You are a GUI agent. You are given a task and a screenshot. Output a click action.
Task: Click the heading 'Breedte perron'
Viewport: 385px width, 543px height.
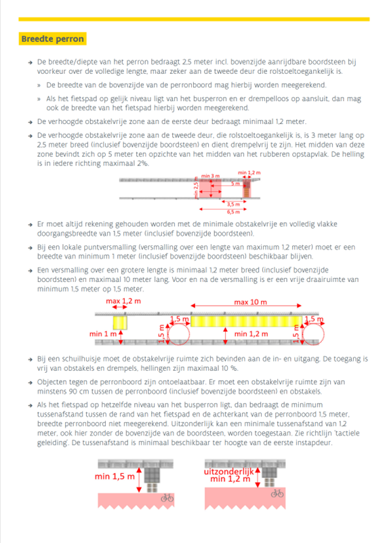coord(53,39)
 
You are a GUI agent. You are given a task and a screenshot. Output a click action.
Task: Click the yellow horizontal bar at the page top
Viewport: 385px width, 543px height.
coord(194,20)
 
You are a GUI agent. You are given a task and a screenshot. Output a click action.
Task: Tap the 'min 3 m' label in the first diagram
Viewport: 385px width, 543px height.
coord(211,176)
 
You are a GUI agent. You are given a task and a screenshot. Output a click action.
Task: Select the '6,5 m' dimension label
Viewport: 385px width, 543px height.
coord(233,212)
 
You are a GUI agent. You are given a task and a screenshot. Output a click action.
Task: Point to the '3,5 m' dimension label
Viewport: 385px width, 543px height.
coord(233,204)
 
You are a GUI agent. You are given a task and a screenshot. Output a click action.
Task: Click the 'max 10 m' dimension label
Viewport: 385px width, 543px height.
coord(250,302)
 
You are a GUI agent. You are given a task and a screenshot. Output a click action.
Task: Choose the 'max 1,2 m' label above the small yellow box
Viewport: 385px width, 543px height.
coord(123,301)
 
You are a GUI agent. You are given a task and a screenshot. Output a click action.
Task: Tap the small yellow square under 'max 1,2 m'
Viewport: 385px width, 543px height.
coord(120,323)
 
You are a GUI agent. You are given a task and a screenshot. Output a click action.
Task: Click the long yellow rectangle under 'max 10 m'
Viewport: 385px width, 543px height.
coord(247,321)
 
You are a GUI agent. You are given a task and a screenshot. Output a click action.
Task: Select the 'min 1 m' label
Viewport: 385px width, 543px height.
coord(103,334)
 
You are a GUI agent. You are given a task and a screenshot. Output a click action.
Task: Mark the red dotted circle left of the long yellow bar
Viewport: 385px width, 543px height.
coord(179,334)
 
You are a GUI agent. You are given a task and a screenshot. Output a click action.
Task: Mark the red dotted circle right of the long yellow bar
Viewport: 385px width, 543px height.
coord(314,334)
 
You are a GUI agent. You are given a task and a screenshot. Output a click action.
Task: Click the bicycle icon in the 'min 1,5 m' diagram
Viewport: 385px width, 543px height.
coord(167,498)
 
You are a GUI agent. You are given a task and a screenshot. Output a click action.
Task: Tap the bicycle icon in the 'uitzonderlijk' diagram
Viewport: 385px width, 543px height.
coord(277,493)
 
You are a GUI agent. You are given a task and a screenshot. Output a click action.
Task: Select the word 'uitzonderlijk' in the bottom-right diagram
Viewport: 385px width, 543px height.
coord(229,472)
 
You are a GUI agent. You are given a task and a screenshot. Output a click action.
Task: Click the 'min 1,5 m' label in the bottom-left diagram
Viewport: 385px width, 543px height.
coord(115,477)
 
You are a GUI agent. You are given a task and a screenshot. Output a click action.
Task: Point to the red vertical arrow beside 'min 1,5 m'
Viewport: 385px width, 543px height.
coord(139,480)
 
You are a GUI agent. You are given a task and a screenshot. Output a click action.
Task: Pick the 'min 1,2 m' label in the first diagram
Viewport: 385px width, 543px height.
coord(249,172)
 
